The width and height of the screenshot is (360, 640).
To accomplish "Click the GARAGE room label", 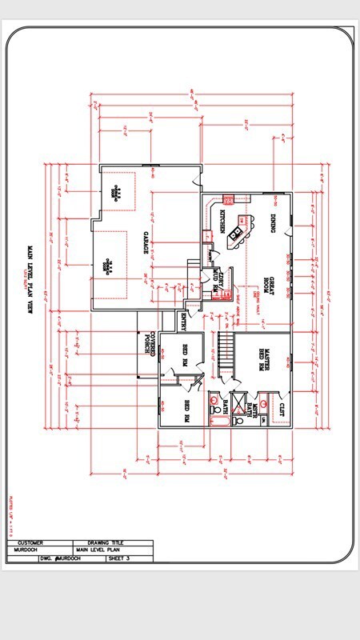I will click(x=147, y=243).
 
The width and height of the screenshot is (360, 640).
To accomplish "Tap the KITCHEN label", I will click(x=222, y=222).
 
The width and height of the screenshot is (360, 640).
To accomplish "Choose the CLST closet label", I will click(x=281, y=410).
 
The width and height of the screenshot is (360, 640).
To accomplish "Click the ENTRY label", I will click(x=183, y=322).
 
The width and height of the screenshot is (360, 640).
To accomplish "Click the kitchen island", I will click(x=236, y=233).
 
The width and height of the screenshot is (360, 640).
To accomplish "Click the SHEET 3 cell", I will click(x=121, y=558).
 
